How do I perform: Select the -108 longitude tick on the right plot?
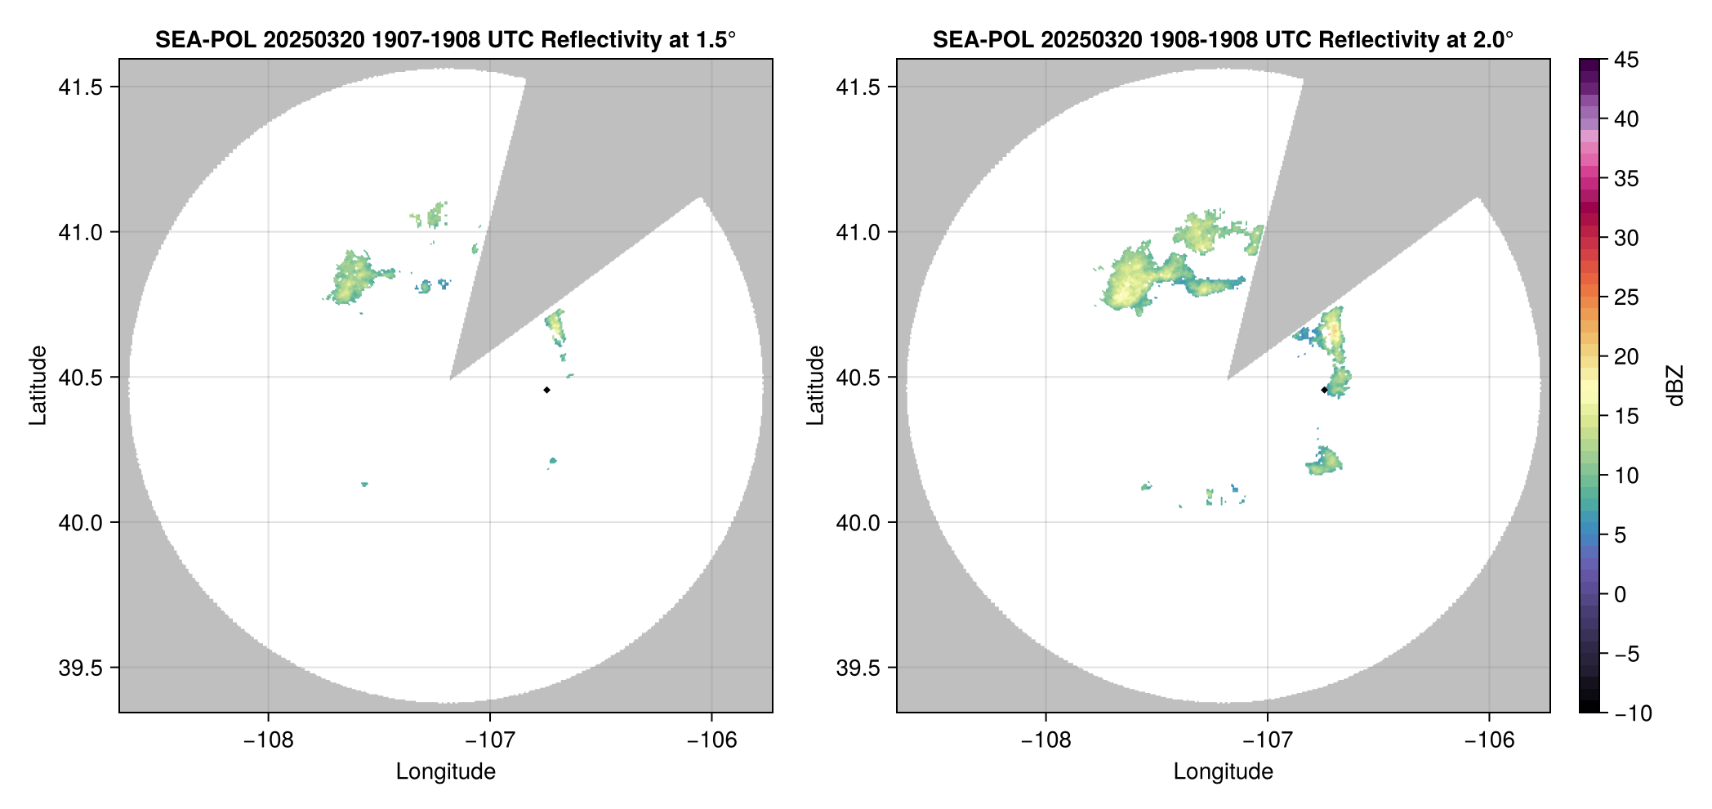(x=1045, y=740)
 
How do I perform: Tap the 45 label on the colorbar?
(x=1625, y=60)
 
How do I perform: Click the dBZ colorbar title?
(x=1675, y=386)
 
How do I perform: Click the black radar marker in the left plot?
(x=546, y=390)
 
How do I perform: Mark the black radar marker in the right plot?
(x=1324, y=390)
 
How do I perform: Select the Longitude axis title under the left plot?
(x=445, y=771)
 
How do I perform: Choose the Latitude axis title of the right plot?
(x=815, y=386)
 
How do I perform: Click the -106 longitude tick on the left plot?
(x=711, y=740)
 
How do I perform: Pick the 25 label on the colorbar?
(x=1625, y=297)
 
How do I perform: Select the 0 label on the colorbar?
(x=1621, y=594)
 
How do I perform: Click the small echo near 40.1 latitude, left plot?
(x=364, y=485)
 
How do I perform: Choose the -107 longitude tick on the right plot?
(x=1268, y=740)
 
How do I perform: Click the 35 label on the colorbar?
(x=1625, y=178)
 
